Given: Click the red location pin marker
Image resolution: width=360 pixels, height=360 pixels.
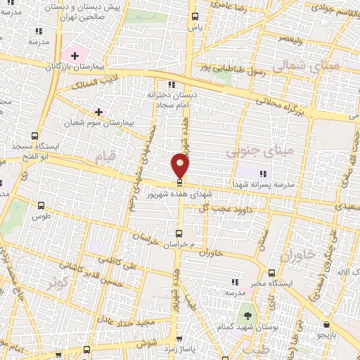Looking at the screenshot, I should pos(181,166).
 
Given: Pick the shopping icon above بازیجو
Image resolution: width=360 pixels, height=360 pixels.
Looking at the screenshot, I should pos(327,324).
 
